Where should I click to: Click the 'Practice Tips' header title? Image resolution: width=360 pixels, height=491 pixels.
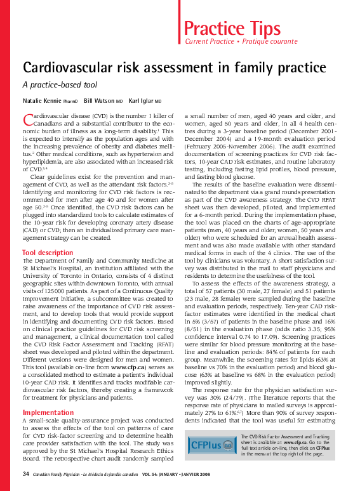click(232, 28)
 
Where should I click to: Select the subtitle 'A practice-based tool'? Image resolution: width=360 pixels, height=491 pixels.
click(59, 84)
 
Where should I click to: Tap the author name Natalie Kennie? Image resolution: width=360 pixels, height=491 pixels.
click(42, 101)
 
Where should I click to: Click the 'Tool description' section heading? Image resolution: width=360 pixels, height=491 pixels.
click(48, 252)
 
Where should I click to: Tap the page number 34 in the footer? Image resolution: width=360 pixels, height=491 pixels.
click(26, 474)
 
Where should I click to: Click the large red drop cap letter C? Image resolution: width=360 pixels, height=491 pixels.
click(27, 119)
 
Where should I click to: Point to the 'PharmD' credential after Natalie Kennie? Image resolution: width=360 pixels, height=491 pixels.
click(70, 101)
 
